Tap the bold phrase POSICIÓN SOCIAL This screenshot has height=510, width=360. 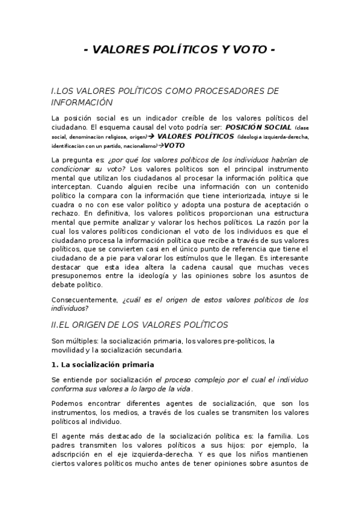tap(258, 127)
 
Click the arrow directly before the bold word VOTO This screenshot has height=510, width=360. tap(160, 146)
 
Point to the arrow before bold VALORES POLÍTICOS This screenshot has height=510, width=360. tap(152, 137)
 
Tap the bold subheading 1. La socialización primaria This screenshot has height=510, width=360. tap(103, 365)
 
